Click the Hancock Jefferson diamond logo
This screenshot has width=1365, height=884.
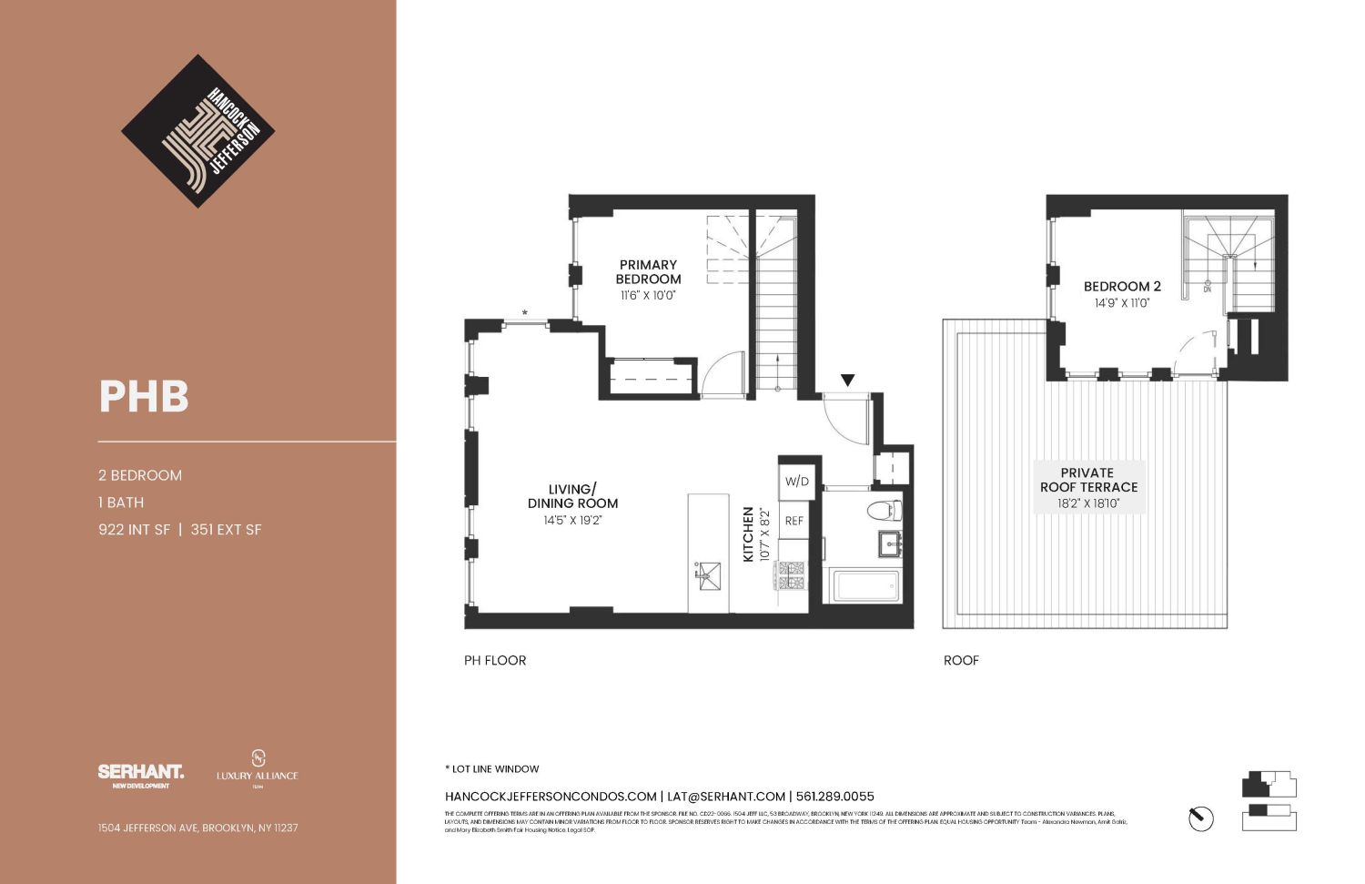(197, 131)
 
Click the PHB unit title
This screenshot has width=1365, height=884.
(144, 397)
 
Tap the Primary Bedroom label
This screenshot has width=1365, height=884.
(648, 272)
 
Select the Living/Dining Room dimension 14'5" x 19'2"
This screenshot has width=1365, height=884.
(572, 521)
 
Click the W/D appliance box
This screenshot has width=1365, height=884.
(797, 482)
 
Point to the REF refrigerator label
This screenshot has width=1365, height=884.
(794, 521)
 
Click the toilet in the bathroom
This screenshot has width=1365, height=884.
(884, 510)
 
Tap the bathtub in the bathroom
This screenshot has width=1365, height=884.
(862, 585)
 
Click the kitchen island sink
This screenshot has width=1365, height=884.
(708, 575)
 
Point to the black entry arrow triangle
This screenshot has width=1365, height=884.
(847, 381)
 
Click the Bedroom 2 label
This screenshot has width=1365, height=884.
(1121, 286)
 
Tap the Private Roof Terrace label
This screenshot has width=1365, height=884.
(1088, 480)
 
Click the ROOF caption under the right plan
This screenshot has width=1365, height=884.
(961, 661)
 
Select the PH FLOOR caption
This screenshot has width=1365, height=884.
(495, 661)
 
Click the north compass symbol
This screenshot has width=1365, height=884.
(1201, 818)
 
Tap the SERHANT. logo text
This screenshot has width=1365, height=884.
(140, 772)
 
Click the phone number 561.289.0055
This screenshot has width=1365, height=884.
(834, 797)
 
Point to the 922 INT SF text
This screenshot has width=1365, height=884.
(135, 530)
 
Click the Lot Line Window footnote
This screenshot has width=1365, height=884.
(492, 769)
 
